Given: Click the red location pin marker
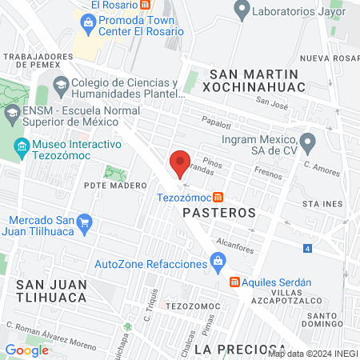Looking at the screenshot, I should point(180,163).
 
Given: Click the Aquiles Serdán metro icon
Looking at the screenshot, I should point(234,282).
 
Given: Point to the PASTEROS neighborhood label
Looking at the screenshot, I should point(218,213).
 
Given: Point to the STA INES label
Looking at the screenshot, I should point(322,205).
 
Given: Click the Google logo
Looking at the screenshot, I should point(26,350).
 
